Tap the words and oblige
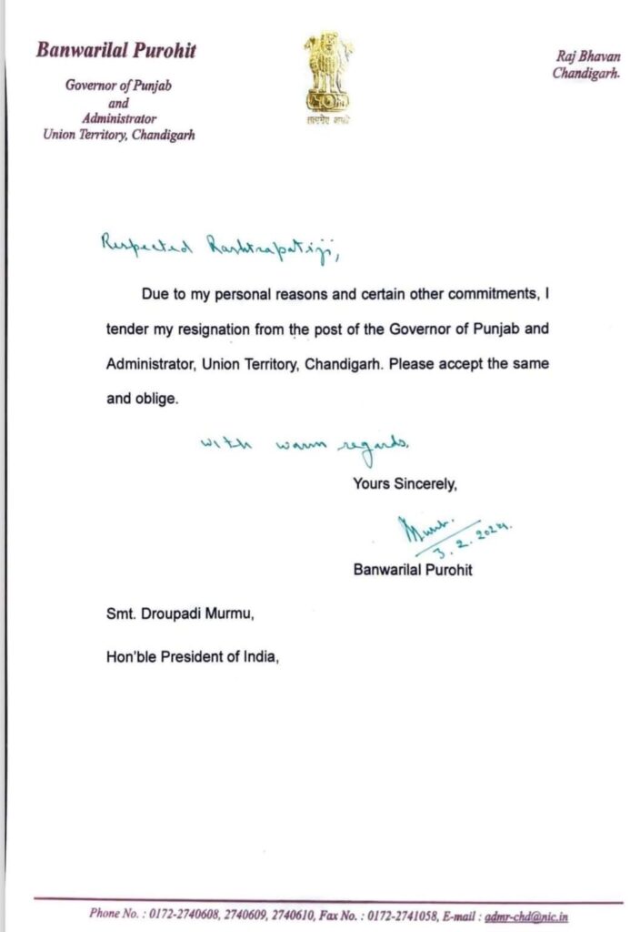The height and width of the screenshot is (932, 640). (x=142, y=399)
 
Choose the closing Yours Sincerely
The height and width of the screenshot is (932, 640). (x=405, y=485)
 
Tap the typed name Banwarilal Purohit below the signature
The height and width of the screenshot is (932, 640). (x=413, y=571)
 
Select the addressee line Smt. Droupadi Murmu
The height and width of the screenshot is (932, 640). (x=180, y=616)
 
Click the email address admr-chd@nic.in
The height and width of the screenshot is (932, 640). (x=535, y=914)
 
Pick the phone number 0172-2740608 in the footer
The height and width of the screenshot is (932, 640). (x=185, y=914)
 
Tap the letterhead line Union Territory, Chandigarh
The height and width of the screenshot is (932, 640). (x=118, y=135)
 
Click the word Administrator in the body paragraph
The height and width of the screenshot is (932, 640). (x=149, y=362)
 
